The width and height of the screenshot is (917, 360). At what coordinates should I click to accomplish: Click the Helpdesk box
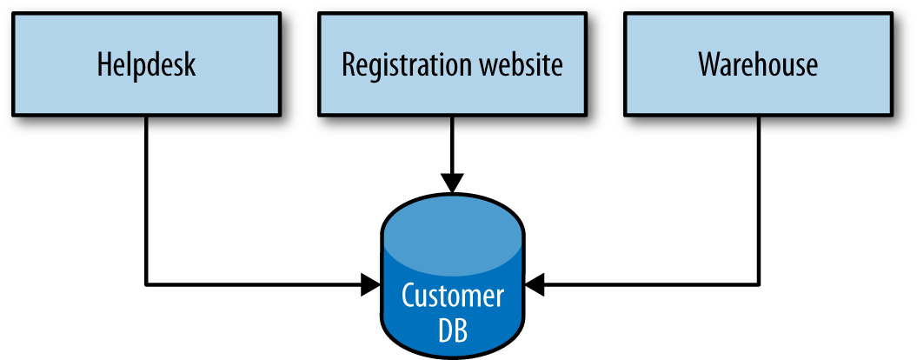point(146,63)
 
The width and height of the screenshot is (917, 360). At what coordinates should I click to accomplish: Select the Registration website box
point(452,63)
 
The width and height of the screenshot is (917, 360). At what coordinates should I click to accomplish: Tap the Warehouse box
point(758,63)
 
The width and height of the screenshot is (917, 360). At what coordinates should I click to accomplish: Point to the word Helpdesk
point(146,65)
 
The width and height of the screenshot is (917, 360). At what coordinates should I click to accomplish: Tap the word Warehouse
point(758,65)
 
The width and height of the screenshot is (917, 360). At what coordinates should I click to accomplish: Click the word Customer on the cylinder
point(452,296)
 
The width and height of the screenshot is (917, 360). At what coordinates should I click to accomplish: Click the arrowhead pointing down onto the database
point(452,183)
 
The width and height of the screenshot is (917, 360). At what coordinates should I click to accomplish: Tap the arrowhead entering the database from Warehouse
point(534,283)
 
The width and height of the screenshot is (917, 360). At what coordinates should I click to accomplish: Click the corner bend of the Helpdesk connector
point(146,283)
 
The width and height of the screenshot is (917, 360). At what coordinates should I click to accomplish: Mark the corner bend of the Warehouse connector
point(759,283)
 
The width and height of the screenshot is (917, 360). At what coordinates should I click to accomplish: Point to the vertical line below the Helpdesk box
point(146,200)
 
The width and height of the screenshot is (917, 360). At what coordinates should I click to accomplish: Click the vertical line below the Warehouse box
point(759,200)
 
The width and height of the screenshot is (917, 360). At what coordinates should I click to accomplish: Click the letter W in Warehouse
point(709,65)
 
